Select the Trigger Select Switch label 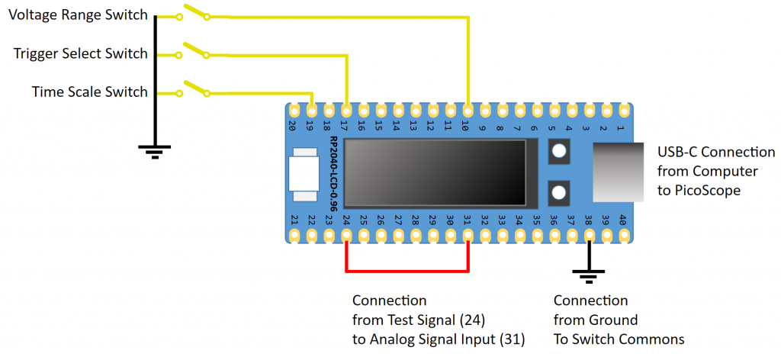click(80, 53)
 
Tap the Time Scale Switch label click(89, 92)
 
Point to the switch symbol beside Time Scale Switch click(194, 89)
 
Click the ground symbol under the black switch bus click(155, 149)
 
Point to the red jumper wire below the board click(407, 270)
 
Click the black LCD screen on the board click(434, 172)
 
